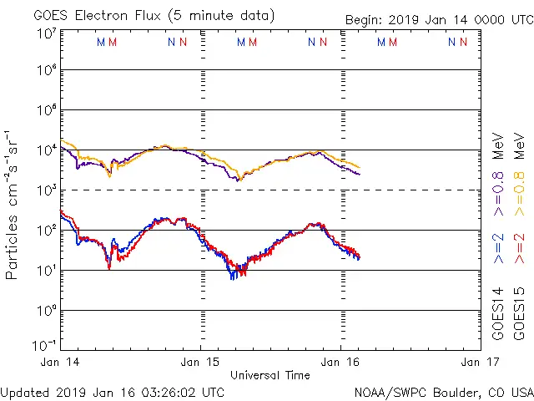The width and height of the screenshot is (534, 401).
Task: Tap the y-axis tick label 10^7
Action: coord(46,33)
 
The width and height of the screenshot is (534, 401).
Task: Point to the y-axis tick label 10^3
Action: coord(46,190)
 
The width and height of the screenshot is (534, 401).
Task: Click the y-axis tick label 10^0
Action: coord(46,311)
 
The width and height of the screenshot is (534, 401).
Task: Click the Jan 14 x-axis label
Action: coord(60,362)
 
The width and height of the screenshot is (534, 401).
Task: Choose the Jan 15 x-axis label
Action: coord(201,362)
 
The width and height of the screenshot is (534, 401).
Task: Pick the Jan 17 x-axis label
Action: coord(476,362)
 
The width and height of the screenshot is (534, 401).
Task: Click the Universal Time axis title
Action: coord(270,375)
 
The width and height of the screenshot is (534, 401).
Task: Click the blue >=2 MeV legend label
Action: coord(499,248)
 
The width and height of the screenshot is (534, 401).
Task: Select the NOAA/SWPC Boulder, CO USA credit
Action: coord(443,391)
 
